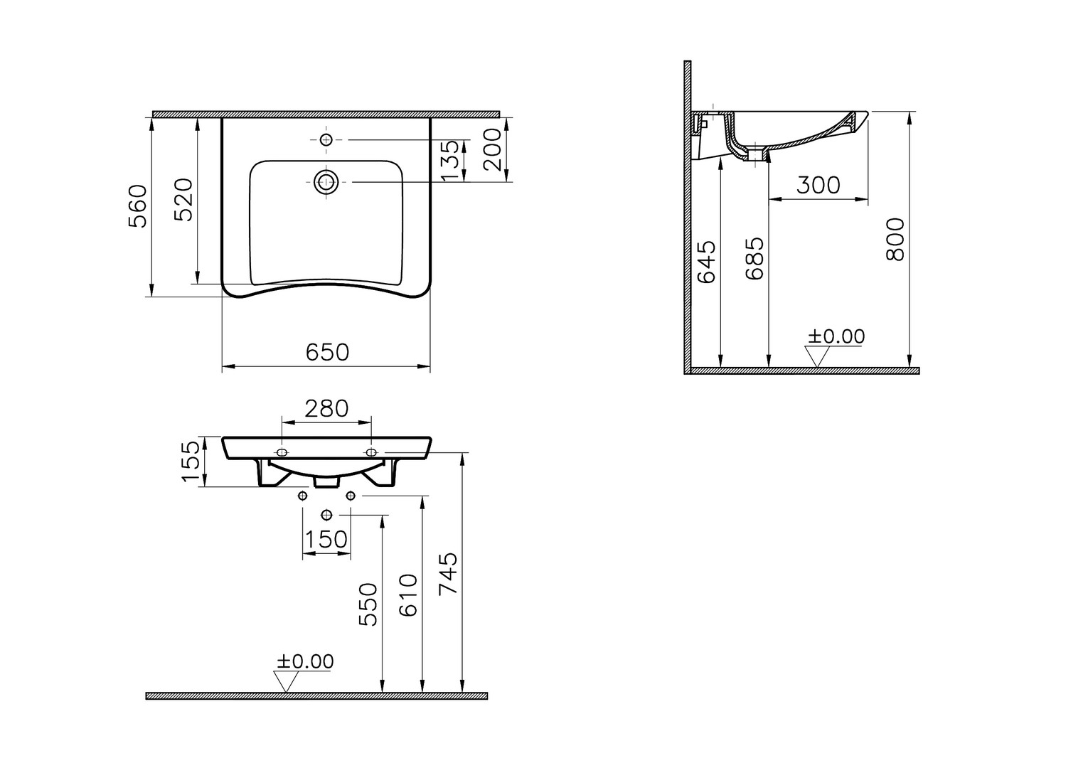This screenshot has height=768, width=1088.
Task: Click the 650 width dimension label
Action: (x=327, y=353)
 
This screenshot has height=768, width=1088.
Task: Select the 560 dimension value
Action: (x=137, y=206)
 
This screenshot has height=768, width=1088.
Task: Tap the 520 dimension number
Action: (x=184, y=200)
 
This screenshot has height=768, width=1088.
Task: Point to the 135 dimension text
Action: (x=450, y=160)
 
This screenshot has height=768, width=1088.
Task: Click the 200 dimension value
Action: (x=493, y=149)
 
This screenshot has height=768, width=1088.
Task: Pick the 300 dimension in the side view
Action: (x=818, y=186)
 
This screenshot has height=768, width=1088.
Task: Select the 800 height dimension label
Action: (x=895, y=240)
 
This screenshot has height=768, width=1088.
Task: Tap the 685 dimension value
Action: (x=754, y=259)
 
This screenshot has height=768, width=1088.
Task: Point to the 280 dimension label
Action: (x=326, y=409)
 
